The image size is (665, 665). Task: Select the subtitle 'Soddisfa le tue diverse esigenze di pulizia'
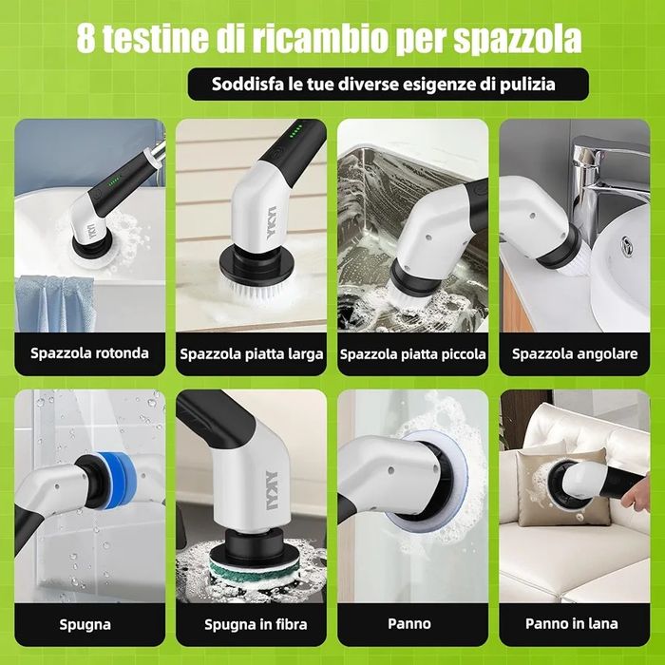pos(384,84)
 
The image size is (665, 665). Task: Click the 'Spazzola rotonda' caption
pos(89,353)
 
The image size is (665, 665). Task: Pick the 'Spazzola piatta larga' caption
pos(252,354)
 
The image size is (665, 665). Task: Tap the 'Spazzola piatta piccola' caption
pos(412,354)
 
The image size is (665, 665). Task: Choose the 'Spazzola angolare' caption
pos(575,353)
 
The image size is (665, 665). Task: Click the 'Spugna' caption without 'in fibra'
pos(85,624)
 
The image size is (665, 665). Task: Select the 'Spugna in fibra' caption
pos(256,624)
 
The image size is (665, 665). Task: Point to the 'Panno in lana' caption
pos(571,623)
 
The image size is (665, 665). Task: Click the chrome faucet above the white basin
pos(606,179)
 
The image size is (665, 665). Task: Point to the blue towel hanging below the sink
pos(55,303)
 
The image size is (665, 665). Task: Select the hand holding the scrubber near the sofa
pos(636,492)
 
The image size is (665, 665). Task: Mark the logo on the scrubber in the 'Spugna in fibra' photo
pos(271,490)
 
